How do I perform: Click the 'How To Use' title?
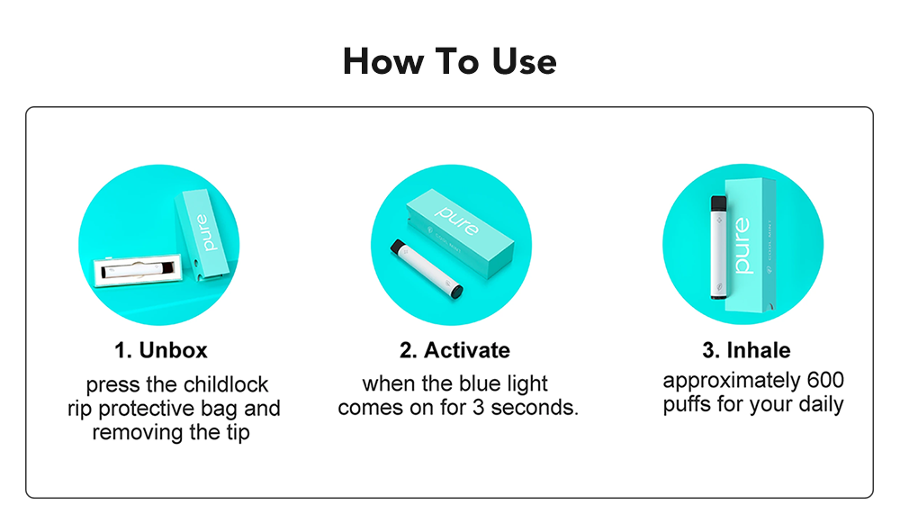(449, 61)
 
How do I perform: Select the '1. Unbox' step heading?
(161, 350)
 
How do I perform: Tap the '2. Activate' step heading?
(454, 350)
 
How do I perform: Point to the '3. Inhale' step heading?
(746, 350)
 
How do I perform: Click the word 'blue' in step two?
(477, 383)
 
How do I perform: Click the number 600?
(825, 380)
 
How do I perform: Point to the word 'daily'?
(821, 404)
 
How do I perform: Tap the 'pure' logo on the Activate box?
(457, 220)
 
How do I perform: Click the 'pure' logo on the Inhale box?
(742, 245)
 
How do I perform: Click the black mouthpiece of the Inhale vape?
(718, 203)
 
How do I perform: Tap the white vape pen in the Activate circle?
(427, 268)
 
